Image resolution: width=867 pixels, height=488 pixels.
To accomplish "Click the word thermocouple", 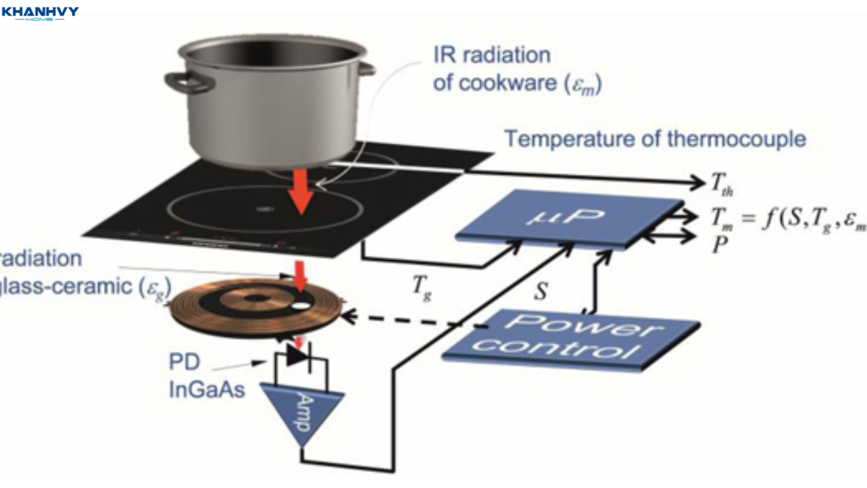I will point(736,139).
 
